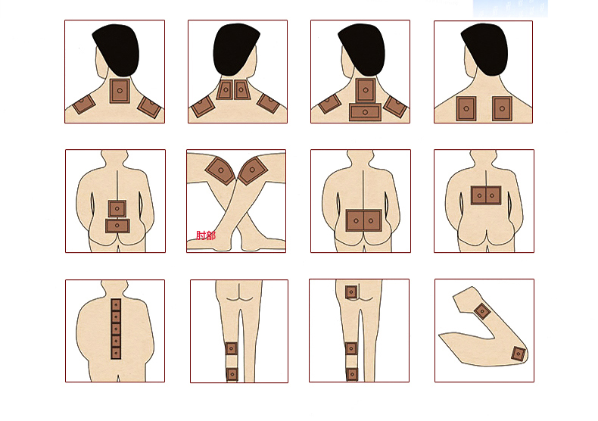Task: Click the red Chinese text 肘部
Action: [x=206, y=235]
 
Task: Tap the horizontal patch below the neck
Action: [x=365, y=112]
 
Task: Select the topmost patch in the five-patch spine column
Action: [x=116, y=304]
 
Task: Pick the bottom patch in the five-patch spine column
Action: [x=116, y=353]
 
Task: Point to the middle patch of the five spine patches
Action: [x=116, y=329]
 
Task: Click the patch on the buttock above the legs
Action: [x=351, y=292]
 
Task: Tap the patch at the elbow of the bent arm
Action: [x=518, y=354]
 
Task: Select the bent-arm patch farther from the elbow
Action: [x=482, y=311]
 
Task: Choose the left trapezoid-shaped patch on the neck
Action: [x=225, y=90]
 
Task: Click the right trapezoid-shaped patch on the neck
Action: [x=241, y=90]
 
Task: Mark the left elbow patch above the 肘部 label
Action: [x=220, y=170]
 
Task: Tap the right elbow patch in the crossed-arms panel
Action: [x=253, y=170]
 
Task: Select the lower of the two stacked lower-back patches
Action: [x=117, y=226]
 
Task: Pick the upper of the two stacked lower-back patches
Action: [x=117, y=208]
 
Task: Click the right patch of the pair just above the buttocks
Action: [x=372, y=220]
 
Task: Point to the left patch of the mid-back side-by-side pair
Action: [x=478, y=195]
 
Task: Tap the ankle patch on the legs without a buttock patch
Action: [x=232, y=375]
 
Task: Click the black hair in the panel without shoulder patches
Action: [x=484, y=48]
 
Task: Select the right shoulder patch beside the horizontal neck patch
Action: [x=395, y=107]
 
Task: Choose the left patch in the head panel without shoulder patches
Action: [x=466, y=109]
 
